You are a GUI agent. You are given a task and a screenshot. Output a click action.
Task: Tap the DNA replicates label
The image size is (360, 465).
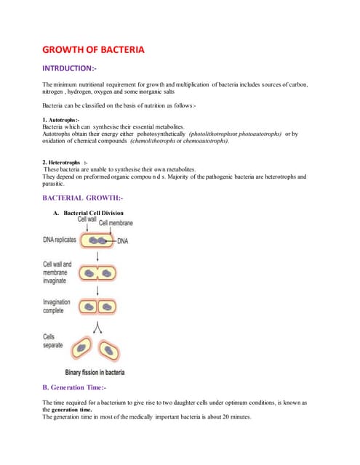coord(60,240)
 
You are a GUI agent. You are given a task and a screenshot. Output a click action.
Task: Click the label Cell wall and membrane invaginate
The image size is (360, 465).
coord(57,272)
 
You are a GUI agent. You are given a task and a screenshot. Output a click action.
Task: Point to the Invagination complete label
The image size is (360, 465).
coord(56,306)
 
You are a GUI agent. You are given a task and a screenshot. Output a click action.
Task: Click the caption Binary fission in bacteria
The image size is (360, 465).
coord(95,372)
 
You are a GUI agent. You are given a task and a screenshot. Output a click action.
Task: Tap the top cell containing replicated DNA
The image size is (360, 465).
coord(98,240)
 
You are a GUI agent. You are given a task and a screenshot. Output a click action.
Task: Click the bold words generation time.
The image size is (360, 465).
coord(72,410)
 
